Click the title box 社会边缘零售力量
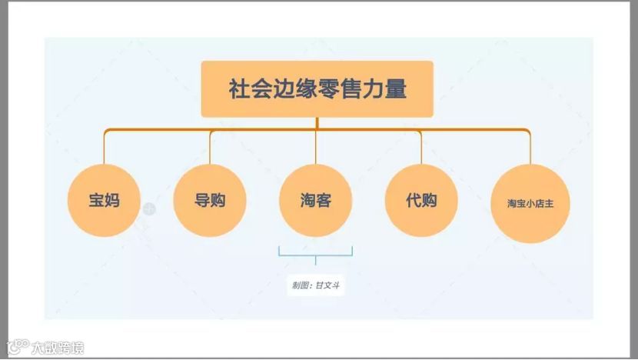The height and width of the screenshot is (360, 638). coord(317,88)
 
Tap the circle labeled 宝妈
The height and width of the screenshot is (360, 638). coord(104,201)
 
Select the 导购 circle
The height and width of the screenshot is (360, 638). coord(210,201)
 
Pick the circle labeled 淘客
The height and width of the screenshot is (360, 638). coord(316,201)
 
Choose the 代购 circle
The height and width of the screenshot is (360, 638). coord(421,201)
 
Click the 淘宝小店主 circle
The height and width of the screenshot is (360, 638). coord(530,204)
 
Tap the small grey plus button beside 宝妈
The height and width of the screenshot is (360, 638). coord(149,208)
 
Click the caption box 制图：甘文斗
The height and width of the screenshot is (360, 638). coord(315,285)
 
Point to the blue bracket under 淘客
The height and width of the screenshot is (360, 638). coord(315,253)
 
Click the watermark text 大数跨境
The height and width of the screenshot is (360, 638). coord(58,348)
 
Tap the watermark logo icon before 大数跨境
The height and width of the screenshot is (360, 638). coord(17,347)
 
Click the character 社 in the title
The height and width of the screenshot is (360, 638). coord(238,88)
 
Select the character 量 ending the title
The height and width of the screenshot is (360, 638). coord(396,88)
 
